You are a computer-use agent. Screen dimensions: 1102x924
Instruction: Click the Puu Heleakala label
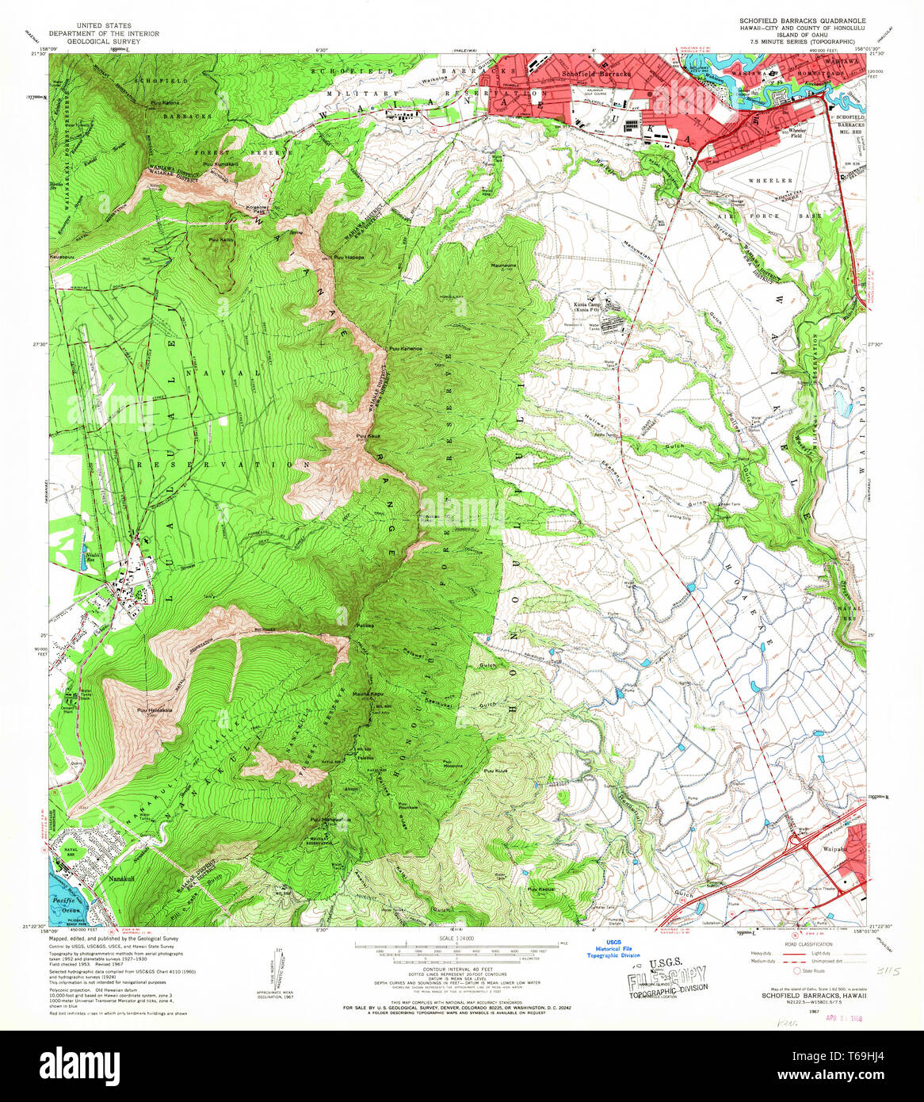153,710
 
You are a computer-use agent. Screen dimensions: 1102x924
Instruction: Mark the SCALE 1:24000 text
460,937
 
